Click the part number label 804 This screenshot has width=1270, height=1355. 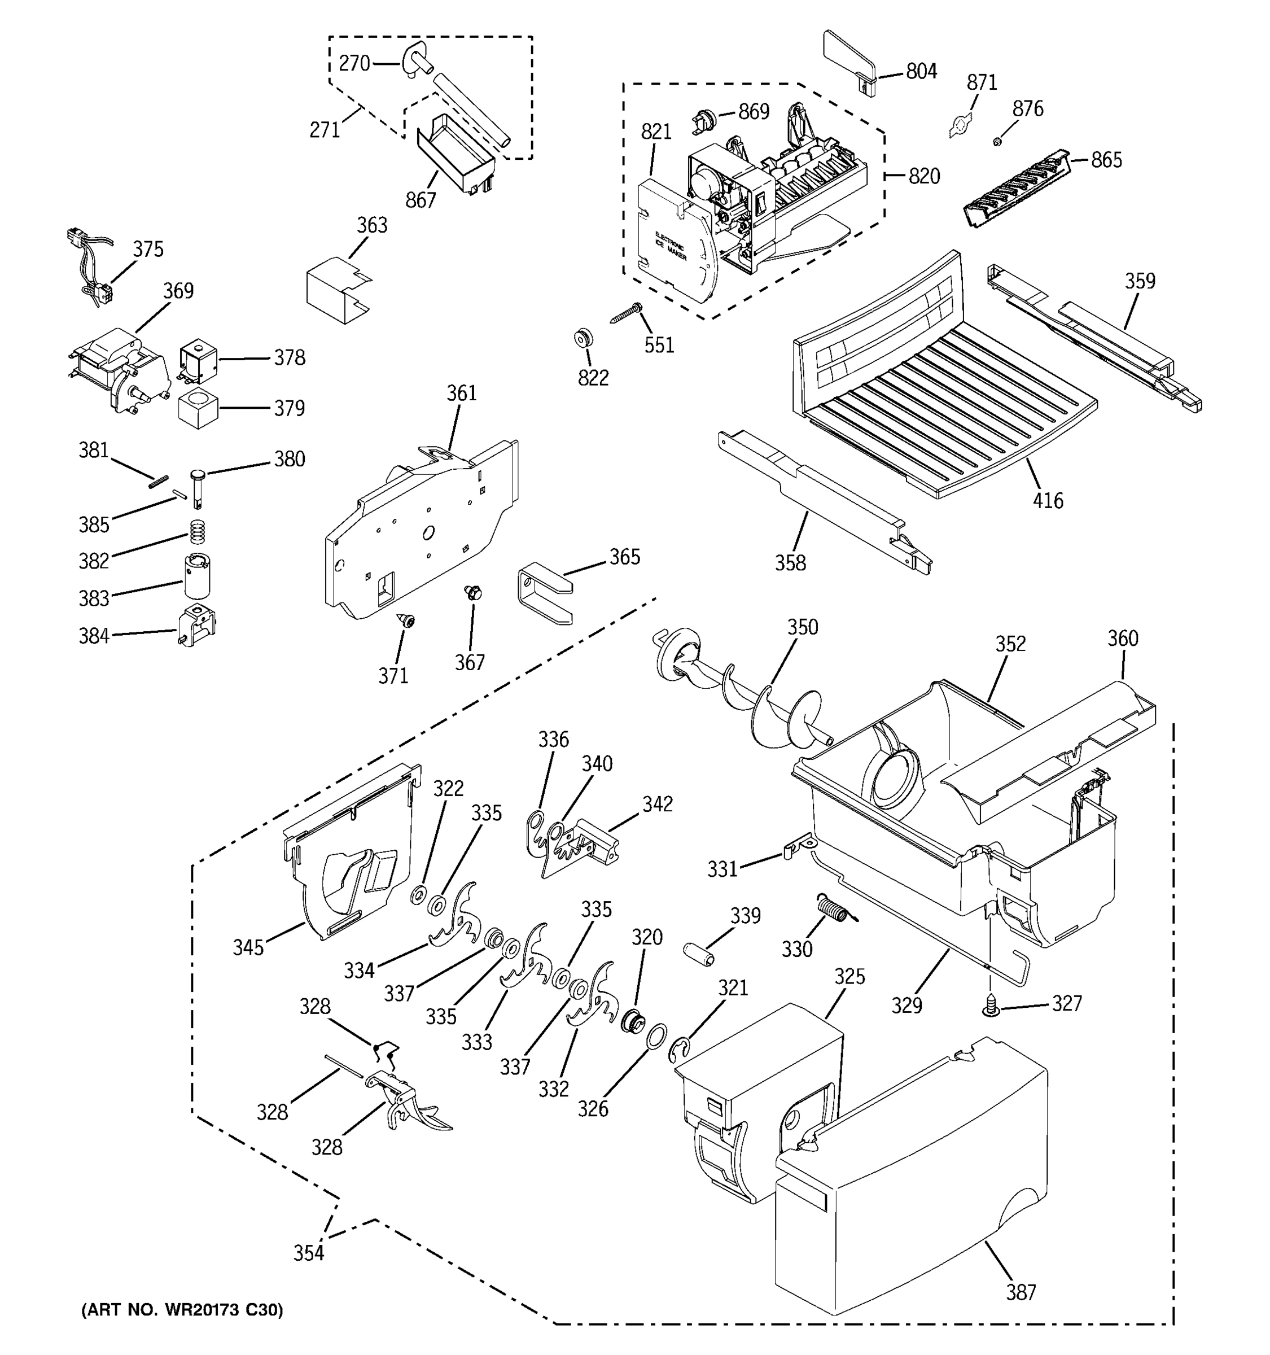pos(921,72)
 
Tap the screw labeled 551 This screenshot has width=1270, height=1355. pos(626,314)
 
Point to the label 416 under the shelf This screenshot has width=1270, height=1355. pos(1047,501)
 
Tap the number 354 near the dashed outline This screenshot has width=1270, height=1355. pos(309,1253)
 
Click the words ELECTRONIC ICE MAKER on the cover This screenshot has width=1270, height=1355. pos(671,247)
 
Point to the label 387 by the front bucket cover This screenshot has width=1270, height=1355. pos(1021,1292)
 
